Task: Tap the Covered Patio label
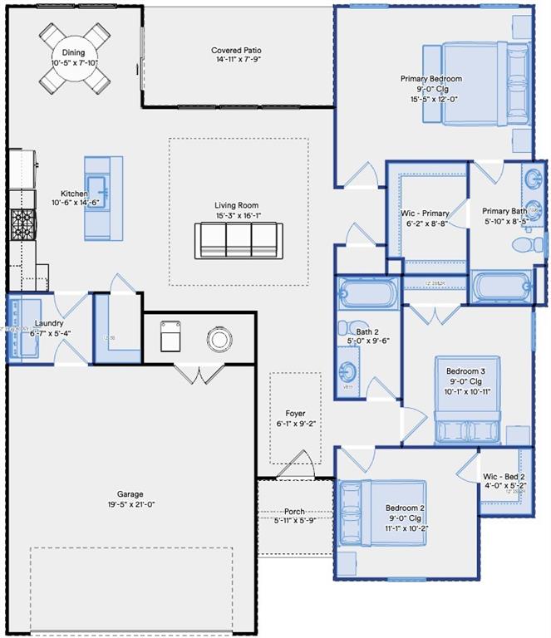238,51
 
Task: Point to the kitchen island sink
97,187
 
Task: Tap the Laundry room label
49,323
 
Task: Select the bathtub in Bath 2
368,295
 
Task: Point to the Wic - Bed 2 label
504,477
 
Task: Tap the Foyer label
295,413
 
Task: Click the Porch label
295,511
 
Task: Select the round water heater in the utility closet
220,339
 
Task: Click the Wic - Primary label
427,213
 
